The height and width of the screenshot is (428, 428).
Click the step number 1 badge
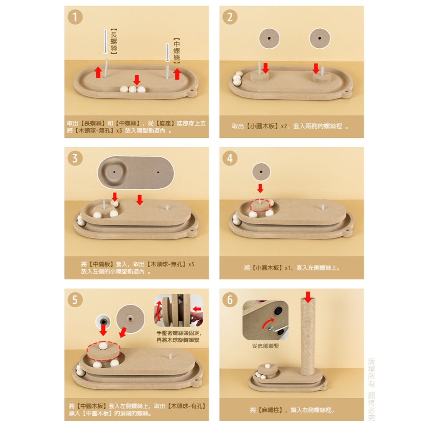pyautogui.click(x=75, y=17)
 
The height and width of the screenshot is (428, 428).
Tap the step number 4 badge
pyautogui.click(x=230, y=158)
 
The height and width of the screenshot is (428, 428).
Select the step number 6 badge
pyautogui.click(x=230, y=300)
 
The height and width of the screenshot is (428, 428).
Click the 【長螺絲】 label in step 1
pyautogui.click(x=114, y=41)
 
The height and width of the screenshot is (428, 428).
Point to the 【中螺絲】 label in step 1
pyautogui.click(x=177, y=51)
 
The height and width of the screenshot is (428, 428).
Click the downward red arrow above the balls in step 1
pyautogui.click(x=137, y=80)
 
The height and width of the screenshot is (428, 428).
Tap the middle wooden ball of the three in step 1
pyautogui.click(x=133, y=89)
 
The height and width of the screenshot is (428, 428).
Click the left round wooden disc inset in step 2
pyautogui.click(x=269, y=39)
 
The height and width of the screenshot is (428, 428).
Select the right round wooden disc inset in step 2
pyautogui.click(x=320, y=38)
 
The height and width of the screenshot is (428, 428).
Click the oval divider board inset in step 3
pyautogui.click(x=136, y=173)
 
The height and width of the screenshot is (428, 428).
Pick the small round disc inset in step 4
pyautogui.click(x=261, y=172)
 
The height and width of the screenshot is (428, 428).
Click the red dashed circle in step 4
pyautogui.click(x=260, y=205)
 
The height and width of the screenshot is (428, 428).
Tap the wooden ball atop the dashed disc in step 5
pyautogui.click(x=103, y=346)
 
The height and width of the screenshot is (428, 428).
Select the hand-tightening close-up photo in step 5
pyautogui.click(x=179, y=310)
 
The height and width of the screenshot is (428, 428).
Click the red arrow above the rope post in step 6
pyautogui.click(x=308, y=297)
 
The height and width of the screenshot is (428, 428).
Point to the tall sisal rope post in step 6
pyautogui.click(x=308, y=337)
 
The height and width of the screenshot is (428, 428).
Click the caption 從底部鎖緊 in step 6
pyautogui.click(x=266, y=346)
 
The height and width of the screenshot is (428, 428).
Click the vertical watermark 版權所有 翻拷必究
pyautogui.click(x=371, y=390)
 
